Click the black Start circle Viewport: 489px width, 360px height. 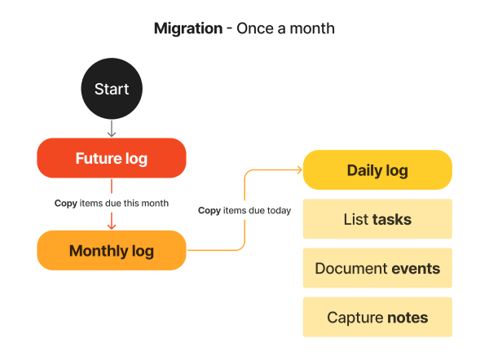112,89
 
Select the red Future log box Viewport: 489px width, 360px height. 112,159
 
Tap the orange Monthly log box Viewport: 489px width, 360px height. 112,251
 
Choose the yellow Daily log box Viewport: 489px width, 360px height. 377,170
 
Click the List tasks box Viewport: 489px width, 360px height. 377,219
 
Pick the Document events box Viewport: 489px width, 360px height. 377,268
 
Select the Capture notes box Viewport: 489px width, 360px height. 377,318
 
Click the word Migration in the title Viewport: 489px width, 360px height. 188,29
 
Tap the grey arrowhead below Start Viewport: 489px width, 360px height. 112,134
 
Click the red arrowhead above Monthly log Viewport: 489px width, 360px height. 112,225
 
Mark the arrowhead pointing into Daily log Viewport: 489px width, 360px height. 298,170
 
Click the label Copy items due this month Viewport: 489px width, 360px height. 112,203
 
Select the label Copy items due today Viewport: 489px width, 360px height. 244,210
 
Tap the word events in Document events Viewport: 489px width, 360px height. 416,268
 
